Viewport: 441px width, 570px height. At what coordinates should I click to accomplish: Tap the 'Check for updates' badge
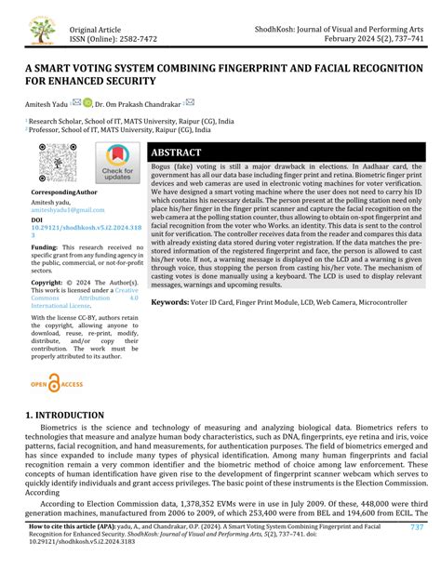[117, 166]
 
